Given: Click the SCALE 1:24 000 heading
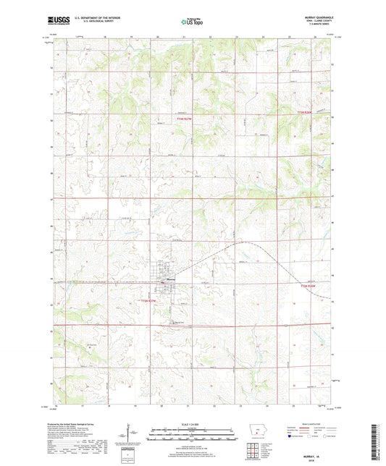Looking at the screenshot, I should coord(192,423).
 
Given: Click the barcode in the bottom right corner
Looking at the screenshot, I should coord(378,441).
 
